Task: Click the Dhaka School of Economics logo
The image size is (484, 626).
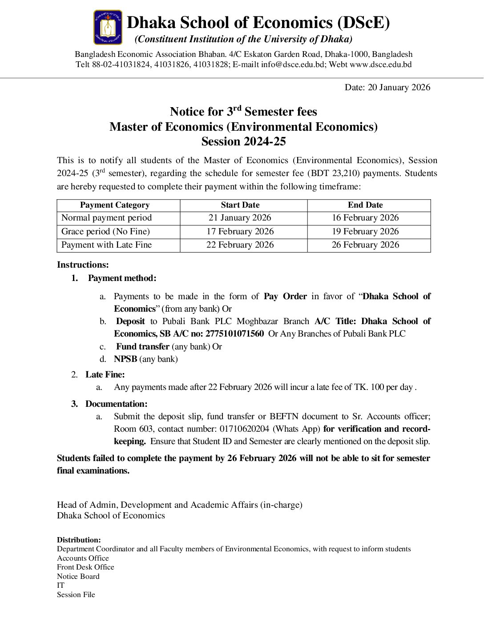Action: coord(108,28)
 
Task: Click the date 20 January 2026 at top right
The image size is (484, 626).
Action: coord(387,87)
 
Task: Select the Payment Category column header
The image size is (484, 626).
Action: coord(115,205)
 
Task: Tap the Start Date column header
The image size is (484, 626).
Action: coord(240,205)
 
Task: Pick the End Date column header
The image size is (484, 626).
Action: coord(365,205)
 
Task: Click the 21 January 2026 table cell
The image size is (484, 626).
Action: coord(240,218)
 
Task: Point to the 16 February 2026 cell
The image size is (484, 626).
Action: coord(365,218)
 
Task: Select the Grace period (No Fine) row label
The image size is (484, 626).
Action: coord(105,231)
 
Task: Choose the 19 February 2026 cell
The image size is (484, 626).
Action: coord(365,231)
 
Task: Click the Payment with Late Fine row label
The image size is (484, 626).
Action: coord(106,245)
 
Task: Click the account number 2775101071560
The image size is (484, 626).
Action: coord(234,333)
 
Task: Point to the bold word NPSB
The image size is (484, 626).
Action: coord(125,359)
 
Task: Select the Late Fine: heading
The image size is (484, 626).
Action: coord(105,374)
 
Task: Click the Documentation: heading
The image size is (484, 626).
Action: coord(116,404)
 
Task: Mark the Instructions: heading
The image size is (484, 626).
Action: coord(83,265)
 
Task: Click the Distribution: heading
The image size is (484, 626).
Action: coord(79,540)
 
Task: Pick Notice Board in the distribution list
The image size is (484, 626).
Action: coord(78,576)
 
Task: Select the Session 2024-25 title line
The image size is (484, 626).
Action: coord(243,141)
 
